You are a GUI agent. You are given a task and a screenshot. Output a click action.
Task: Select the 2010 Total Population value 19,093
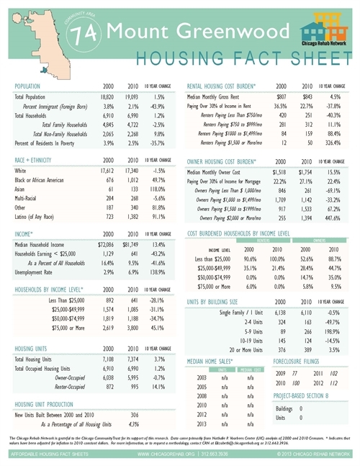(x=130, y=97)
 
